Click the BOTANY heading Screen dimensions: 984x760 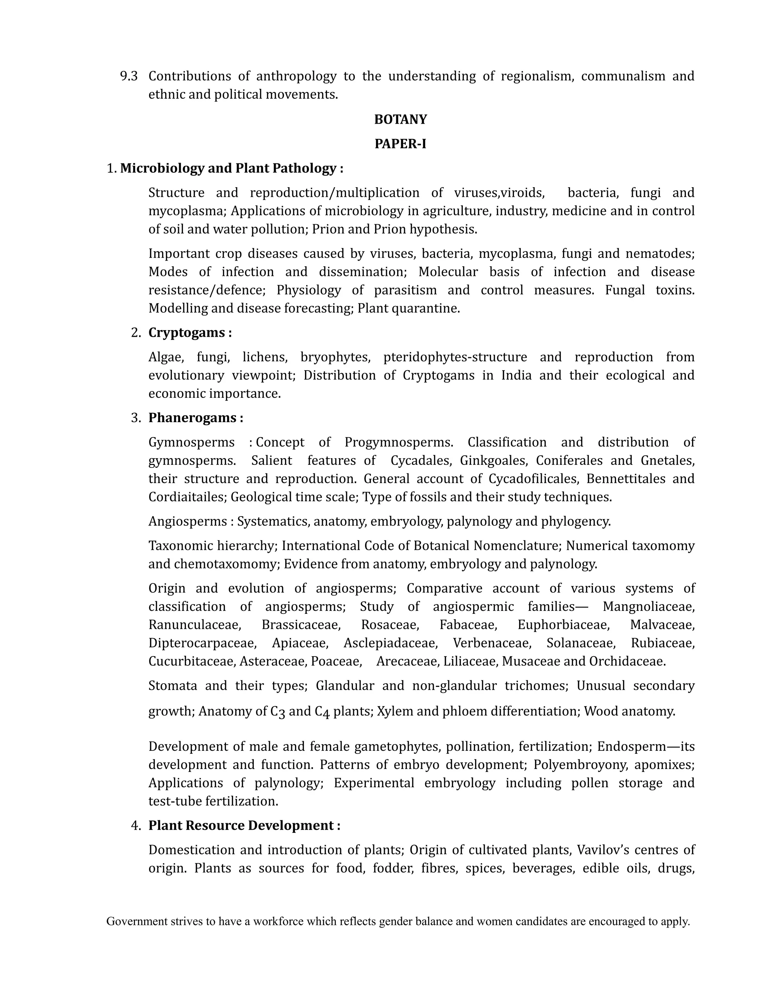[400, 120]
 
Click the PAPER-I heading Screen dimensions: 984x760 [400, 144]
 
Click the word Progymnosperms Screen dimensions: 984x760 [399, 443]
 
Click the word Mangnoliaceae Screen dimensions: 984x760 [648, 607]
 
